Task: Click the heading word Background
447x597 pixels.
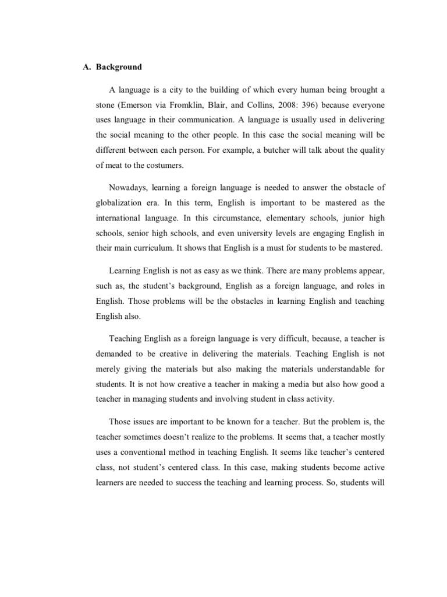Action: (x=119, y=67)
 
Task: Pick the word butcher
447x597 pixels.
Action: (x=277, y=149)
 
